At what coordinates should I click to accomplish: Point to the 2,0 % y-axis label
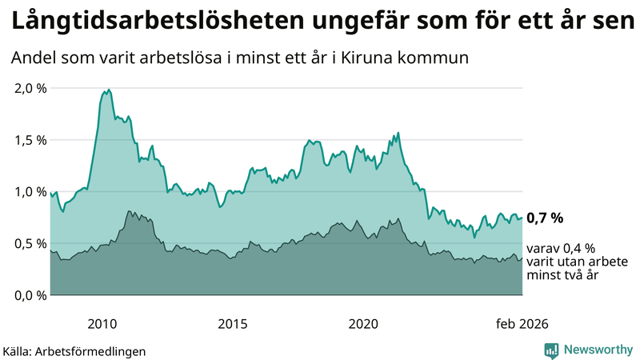(30, 88)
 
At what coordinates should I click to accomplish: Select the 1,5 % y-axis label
(30, 140)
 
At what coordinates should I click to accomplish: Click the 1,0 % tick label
(30, 192)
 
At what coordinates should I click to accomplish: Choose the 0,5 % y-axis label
(30, 243)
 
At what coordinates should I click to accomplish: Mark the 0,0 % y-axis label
(30, 295)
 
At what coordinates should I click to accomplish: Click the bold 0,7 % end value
(546, 218)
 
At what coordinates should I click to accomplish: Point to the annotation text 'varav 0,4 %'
(560, 248)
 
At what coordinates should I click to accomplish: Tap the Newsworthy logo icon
(551, 350)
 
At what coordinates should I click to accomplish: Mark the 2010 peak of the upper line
(109, 90)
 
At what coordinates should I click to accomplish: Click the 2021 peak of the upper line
(398, 133)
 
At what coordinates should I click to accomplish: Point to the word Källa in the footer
(17, 350)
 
